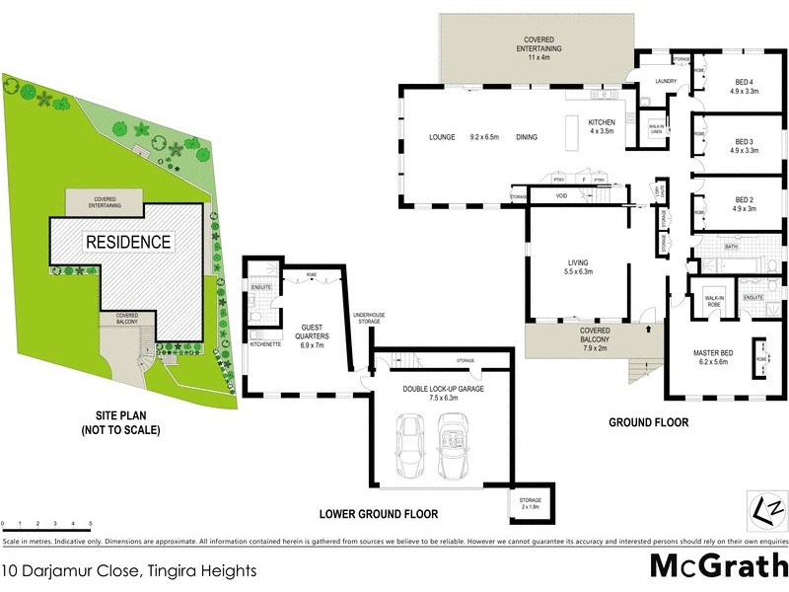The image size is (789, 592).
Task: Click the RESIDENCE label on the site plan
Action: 128,242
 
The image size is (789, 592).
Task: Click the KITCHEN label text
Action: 602,122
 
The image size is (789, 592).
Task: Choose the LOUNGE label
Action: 441,137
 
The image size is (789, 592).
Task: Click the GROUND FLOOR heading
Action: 647,422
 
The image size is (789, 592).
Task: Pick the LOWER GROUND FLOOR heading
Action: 378,514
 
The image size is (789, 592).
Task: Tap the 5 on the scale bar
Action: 91,523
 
